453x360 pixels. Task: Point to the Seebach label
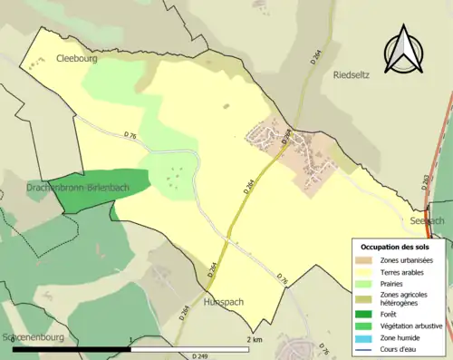[x=428, y=220]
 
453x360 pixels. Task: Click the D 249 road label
[x=210, y=352]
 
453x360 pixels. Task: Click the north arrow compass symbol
[x=405, y=51]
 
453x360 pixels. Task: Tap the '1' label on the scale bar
[x=132, y=340]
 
